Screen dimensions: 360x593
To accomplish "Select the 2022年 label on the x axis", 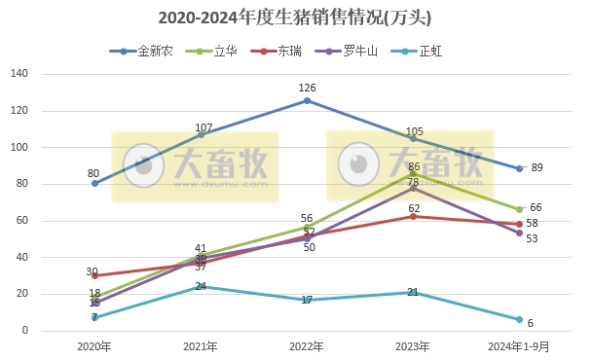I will [x=307, y=347].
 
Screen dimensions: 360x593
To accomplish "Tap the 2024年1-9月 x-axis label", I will [x=519, y=347].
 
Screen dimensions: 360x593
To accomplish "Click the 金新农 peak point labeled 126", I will [x=307, y=100].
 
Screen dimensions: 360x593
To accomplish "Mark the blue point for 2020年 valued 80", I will [x=94, y=184].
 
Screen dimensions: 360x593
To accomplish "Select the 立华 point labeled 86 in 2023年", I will [x=413, y=173].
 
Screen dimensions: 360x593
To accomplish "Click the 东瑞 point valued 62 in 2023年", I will [x=413, y=216].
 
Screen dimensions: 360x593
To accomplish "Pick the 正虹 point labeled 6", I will [x=519, y=320].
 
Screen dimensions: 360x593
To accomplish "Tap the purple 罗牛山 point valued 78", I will [x=413, y=188].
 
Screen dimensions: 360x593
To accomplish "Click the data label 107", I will [x=204, y=127].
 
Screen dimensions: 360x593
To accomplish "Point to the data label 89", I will [x=537, y=167].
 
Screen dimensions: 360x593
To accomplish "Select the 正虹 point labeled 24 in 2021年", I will [x=201, y=287].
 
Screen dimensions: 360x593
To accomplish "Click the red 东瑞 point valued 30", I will [x=94, y=275].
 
